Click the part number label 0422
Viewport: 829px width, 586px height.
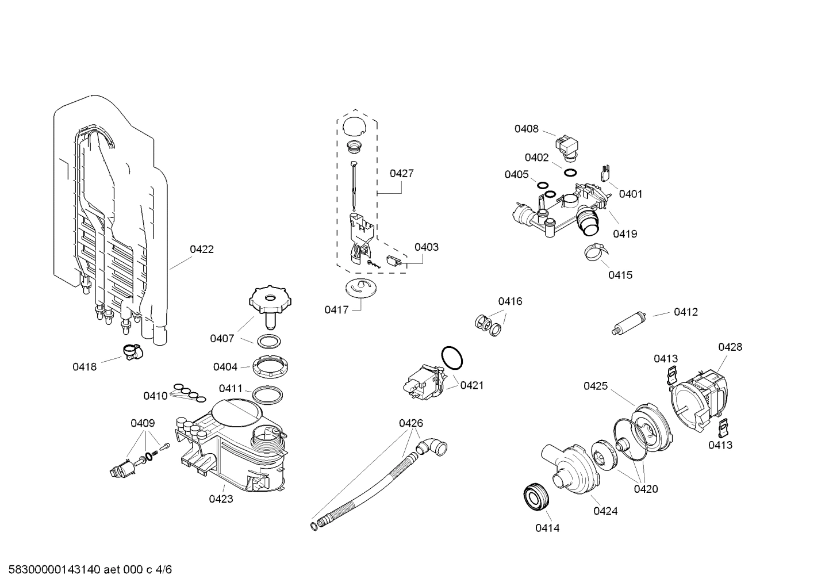point(202,249)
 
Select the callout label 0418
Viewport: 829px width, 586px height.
point(85,366)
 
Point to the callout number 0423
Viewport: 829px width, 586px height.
point(221,499)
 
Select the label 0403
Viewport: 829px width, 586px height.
point(426,247)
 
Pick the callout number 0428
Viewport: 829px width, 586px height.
point(730,347)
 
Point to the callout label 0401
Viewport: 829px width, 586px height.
point(631,194)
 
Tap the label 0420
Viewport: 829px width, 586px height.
point(646,489)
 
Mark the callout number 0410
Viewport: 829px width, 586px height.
point(155,396)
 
